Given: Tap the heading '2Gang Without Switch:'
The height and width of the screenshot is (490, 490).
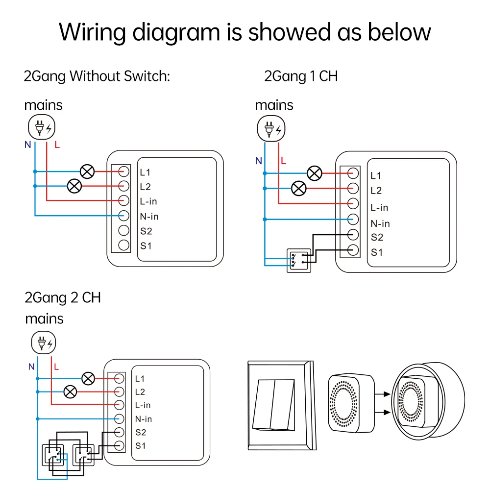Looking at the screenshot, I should point(97,76).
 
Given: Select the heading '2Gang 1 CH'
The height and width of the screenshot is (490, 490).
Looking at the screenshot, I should point(301,76).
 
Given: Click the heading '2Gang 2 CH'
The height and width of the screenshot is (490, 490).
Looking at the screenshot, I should point(63,297).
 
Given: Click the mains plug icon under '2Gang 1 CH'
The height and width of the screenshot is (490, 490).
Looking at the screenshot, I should point(270,129).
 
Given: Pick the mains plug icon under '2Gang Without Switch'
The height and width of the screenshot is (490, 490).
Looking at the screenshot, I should point(42,128).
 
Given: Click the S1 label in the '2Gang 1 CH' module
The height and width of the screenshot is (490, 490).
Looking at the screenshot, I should point(376,253).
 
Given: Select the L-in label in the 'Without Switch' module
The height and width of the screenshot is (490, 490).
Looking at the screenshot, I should point(148,201).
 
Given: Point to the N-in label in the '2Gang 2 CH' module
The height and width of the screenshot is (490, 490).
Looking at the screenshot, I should point(144,419).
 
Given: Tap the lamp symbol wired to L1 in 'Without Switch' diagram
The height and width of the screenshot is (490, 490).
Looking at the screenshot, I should point(88,171).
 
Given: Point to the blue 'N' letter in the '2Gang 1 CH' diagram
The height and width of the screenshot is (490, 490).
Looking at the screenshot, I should point(258,161).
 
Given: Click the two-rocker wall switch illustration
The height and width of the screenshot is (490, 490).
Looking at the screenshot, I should point(280,406).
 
